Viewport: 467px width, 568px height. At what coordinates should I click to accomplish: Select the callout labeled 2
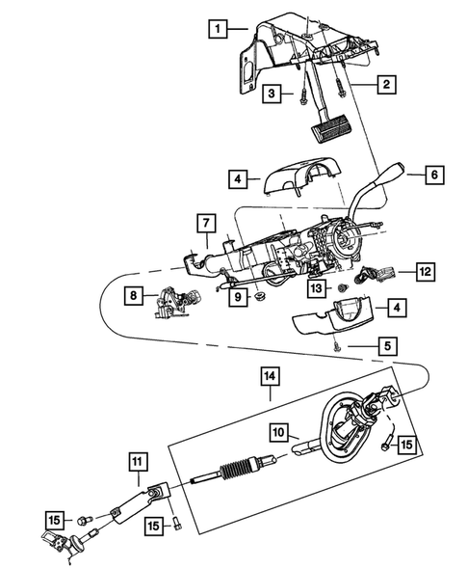pos(385,86)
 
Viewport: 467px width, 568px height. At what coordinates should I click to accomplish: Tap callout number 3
pos(273,94)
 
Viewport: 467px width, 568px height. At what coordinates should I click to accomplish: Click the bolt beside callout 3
pos(303,95)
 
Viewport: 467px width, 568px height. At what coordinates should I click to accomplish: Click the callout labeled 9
pos(234,299)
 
